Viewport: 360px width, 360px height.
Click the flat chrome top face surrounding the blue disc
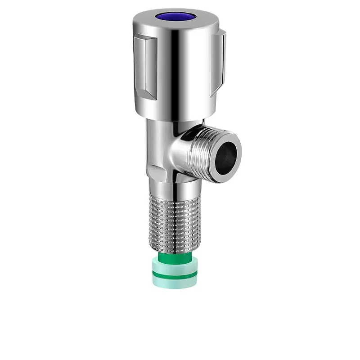point(198,20)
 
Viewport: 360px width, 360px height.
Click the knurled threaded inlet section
point(173,220)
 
